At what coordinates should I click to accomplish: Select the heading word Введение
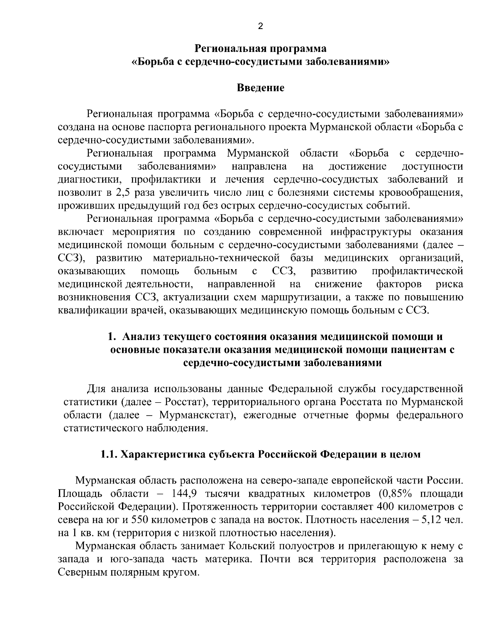pos(260,88)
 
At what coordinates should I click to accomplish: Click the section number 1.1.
pos(109,454)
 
